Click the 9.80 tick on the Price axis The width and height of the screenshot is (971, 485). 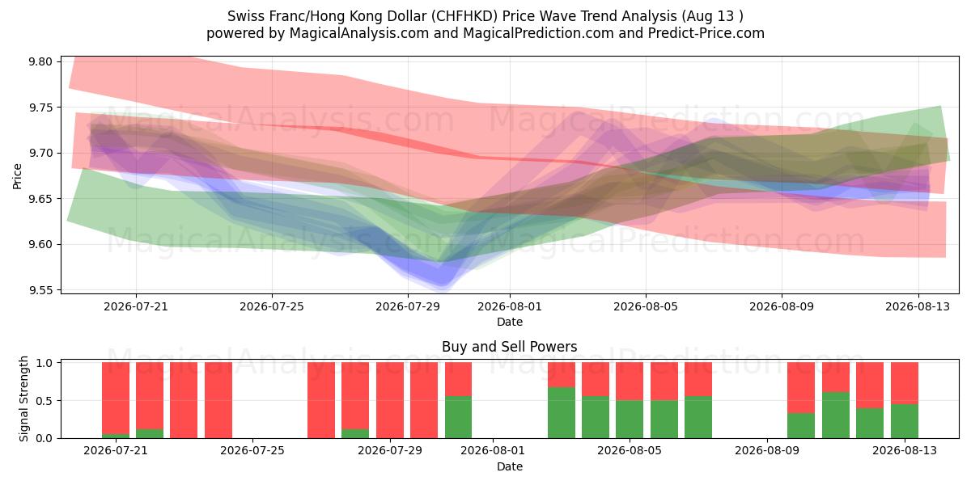click(x=40, y=61)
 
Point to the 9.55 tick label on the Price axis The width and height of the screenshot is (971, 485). click(x=40, y=290)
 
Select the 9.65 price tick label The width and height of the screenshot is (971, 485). click(x=40, y=199)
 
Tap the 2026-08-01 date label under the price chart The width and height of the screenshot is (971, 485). click(x=510, y=306)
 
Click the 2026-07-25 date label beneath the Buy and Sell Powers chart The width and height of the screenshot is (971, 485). click(x=252, y=450)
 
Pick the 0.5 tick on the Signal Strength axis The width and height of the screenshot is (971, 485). click(x=44, y=401)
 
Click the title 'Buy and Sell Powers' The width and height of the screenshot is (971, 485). click(x=509, y=347)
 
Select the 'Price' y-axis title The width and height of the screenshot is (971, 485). click(x=17, y=176)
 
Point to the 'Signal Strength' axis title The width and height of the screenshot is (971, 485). click(x=23, y=399)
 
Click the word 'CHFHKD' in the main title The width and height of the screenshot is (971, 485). click(x=464, y=16)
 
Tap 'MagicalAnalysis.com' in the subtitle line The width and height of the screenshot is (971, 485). click(x=359, y=33)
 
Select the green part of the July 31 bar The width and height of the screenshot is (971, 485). click(x=458, y=417)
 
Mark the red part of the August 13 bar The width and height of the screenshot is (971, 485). click(x=905, y=383)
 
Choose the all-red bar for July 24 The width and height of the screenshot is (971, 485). click(x=218, y=400)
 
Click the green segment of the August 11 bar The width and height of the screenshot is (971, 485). click(x=836, y=415)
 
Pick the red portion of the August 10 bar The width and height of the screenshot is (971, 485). click(x=801, y=387)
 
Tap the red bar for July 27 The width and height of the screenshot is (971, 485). click(x=321, y=400)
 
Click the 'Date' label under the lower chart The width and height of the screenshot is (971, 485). click(x=510, y=466)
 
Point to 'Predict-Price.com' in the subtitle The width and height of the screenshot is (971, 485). click(x=706, y=33)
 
